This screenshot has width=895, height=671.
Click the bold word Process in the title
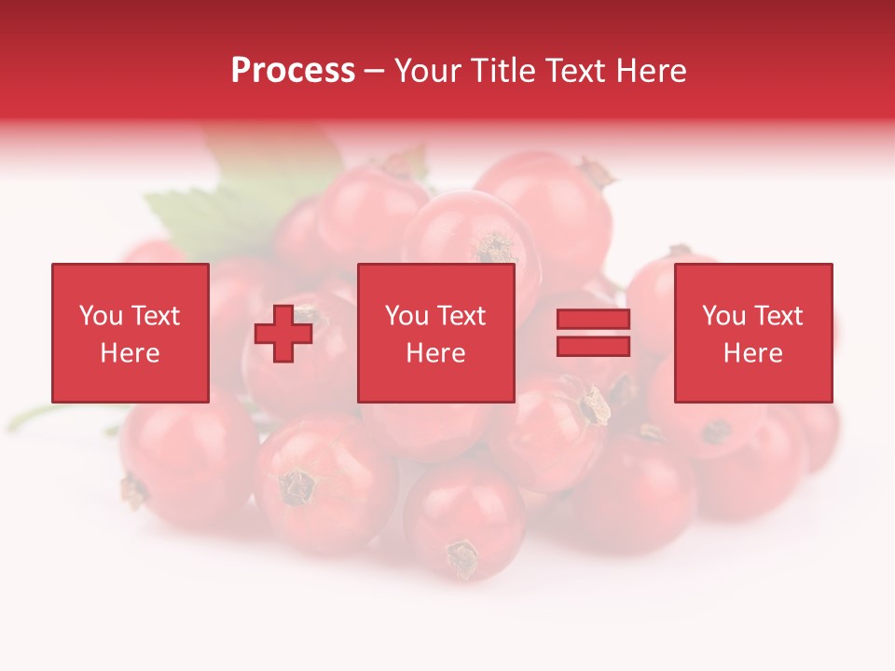pyautogui.click(x=293, y=71)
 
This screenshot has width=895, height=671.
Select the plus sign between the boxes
pyautogui.click(x=283, y=333)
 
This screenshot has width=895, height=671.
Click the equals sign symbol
pyautogui.click(x=593, y=333)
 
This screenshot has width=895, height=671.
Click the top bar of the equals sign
pyautogui.click(x=593, y=320)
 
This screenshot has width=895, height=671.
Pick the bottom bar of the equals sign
pyautogui.click(x=593, y=346)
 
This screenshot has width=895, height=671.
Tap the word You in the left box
pyautogui.click(x=101, y=316)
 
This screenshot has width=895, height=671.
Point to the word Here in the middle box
pyautogui.click(x=435, y=353)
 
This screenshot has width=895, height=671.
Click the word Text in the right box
pyautogui.click(x=779, y=316)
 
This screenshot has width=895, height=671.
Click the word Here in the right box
pyautogui.click(x=752, y=353)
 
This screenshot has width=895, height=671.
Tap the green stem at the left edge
pyautogui.click(x=28, y=418)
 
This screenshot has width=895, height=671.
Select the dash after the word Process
pyautogui.click(x=374, y=72)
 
